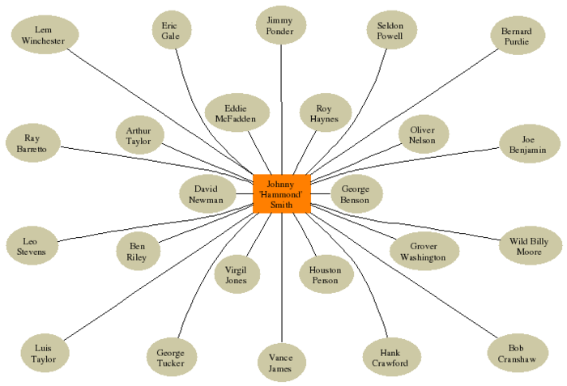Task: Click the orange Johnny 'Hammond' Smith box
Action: pyautogui.click(x=281, y=194)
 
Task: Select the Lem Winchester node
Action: pyautogui.click(x=44, y=36)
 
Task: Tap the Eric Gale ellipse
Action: pyautogui.click(x=171, y=31)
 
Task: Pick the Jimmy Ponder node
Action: pyautogui.click(x=280, y=26)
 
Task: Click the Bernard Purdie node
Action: pyautogui.click(x=517, y=36)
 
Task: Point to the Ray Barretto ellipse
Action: pyautogui.click(x=32, y=144)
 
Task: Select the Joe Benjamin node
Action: pyautogui.click(x=528, y=144)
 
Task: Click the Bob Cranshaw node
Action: pyautogui.click(x=517, y=353)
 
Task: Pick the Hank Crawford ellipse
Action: pyautogui.click(x=391, y=358)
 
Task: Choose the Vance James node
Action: pyautogui.click(x=281, y=363)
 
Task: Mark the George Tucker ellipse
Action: pyautogui.click(x=171, y=358)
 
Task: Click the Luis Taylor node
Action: pyautogui.click(x=44, y=353)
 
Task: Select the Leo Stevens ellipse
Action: pyautogui.click(x=32, y=246)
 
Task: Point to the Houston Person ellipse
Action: pyautogui.click(x=326, y=275)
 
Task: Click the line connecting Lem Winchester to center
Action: pyautogui.click(x=162, y=113)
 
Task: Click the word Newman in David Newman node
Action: pyautogui.click(x=207, y=200)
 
